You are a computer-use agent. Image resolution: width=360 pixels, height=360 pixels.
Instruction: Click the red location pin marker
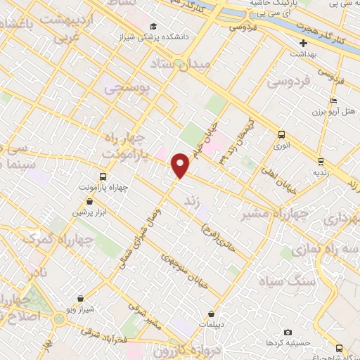pos(181,165)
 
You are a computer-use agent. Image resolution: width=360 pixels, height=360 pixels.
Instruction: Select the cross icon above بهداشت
pos(303,43)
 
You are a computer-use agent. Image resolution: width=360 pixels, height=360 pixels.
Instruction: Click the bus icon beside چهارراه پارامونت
pos(103,176)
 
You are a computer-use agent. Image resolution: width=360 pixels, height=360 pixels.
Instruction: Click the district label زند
pos(189,202)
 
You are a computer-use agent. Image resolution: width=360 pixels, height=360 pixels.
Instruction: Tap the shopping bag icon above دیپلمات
pos(211,314)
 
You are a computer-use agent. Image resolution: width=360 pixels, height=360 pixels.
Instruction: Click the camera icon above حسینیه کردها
pos(287,332)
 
